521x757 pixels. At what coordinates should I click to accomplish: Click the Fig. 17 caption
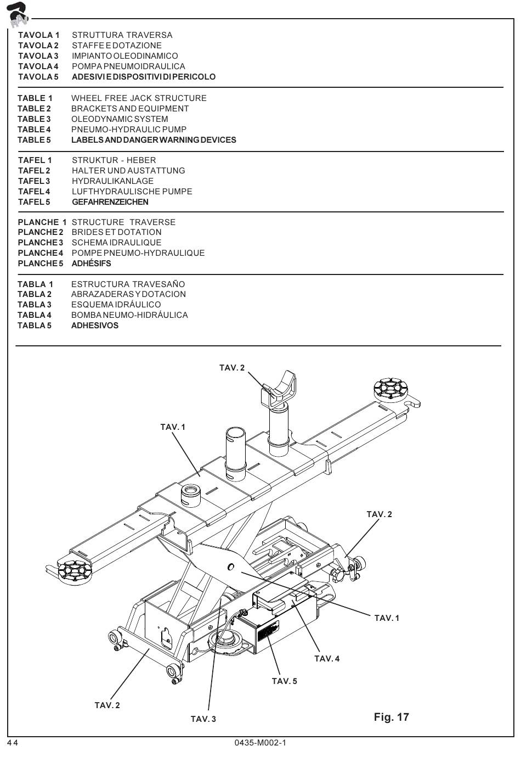pos(391,717)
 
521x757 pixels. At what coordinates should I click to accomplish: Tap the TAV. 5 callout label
pos(284,681)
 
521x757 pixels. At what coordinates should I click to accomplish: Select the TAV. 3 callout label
pos(203,719)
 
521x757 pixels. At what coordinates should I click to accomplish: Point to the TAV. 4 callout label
pos(327,659)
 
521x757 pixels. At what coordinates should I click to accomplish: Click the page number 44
pos(13,743)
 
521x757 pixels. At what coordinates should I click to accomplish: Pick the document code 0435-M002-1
pos(260,743)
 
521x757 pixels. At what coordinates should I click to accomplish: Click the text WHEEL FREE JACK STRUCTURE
pos(139,98)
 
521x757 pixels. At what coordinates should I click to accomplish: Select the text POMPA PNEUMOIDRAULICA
pos(128,66)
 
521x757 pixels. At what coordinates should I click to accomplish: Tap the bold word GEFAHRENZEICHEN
pos(110,202)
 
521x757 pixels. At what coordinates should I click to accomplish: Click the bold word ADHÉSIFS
pos(91,263)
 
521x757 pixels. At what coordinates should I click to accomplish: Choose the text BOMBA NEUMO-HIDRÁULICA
pos(129,315)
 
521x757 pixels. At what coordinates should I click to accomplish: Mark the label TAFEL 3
pos(34,181)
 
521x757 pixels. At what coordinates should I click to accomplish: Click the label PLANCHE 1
pos(42,222)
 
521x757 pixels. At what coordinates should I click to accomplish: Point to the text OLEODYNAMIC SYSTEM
pos(120,119)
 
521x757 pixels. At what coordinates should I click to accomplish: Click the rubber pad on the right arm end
pos(390,388)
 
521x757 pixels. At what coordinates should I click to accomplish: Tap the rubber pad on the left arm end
pos(73,570)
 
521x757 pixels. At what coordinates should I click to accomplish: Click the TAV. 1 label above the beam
pos(173,427)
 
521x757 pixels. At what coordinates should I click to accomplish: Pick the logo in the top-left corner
pos(18,15)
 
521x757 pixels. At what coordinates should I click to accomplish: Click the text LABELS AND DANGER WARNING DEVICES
pos(154,140)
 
